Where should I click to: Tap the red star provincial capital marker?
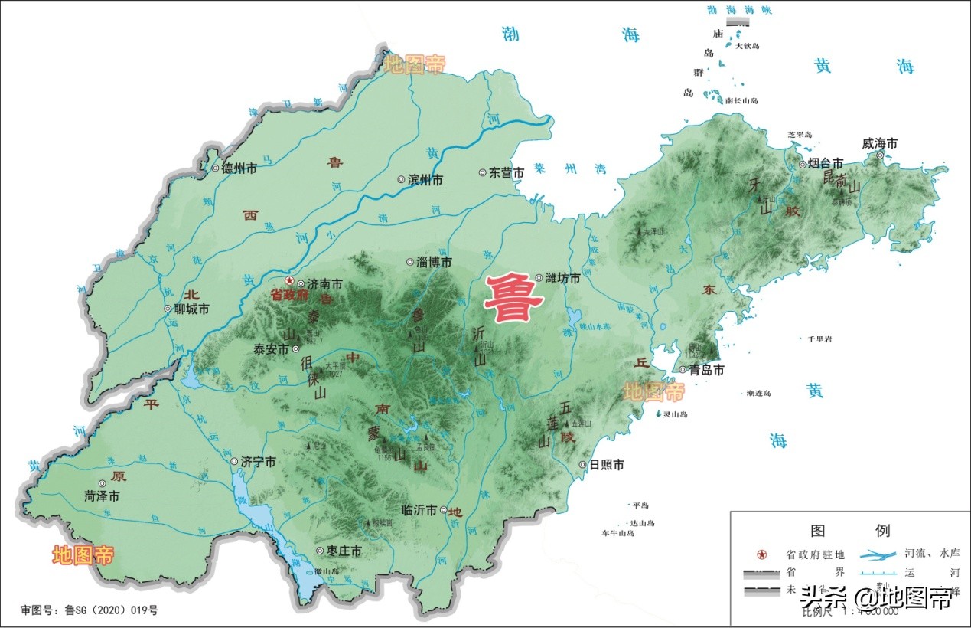click(x=289, y=281)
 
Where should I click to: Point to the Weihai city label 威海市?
click(x=879, y=143)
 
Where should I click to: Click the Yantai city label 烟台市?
click(x=826, y=164)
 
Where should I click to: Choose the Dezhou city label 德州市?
click(x=239, y=168)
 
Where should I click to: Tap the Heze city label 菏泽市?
click(x=102, y=496)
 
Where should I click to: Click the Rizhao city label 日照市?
click(x=606, y=465)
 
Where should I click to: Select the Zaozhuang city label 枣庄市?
click(x=344, y=551)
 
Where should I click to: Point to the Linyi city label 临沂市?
click(x=419, y=510)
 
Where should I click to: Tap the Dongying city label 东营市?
click(x=507, y=173)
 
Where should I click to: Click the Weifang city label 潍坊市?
click(x=562, y=279)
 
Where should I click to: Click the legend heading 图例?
click(x=849, y=531)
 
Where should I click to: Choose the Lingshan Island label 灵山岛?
click(x=677, y=414)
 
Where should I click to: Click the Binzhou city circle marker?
click(x=401, y=180)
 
